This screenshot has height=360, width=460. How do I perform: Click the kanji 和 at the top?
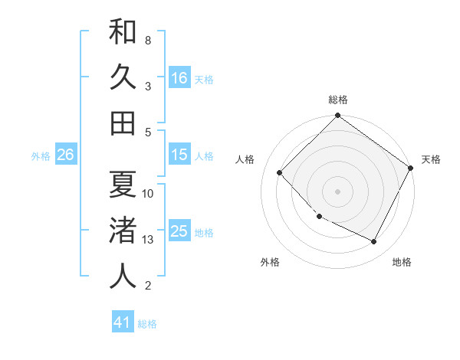pos(123,31)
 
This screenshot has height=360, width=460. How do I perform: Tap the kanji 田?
pos(123,123)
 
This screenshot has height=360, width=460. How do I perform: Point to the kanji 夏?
pos(123,184)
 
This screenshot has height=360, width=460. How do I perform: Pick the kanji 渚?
pos(123,231)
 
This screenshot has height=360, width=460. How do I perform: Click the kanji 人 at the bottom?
pos(123,277)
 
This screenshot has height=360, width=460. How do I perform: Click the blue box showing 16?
pos(179,78)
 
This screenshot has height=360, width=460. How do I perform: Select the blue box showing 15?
pos(179,155)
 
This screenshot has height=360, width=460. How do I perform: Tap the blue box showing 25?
pos(179,232)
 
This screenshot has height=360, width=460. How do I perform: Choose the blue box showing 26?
pos(66,155)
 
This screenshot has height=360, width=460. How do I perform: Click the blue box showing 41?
pos(123,322)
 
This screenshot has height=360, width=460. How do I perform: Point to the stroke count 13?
pos(148,241)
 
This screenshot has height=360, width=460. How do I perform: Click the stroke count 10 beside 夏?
pos(148,194)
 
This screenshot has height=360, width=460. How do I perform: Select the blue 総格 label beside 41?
pos(147,324)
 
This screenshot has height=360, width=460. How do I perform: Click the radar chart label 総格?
pos(337,100)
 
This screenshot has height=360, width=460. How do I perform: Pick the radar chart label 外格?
pos(270,262)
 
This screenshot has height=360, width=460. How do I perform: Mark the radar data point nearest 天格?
pos(410,168)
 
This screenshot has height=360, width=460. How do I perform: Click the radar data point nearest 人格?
pos(280,172)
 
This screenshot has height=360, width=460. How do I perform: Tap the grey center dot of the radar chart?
pos(337,191)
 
